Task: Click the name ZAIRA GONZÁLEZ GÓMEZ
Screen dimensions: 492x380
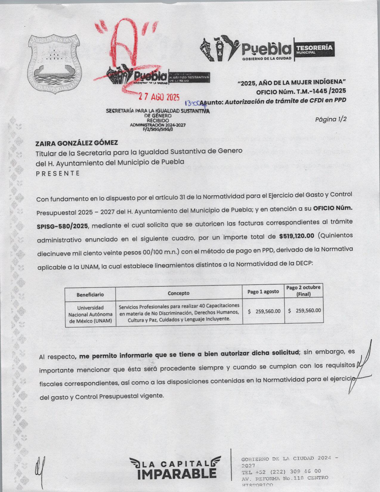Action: [x=77, y=143]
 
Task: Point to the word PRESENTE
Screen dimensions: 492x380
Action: [x=58, y=173]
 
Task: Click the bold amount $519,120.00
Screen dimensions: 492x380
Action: [x=297, y=236]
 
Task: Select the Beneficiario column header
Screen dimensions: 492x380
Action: [x=90, y=294]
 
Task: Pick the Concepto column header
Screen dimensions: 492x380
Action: [x=179, y=293]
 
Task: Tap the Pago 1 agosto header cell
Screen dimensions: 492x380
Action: [x=263, y=292]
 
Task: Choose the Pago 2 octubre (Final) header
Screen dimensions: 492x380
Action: [x=303, y=291]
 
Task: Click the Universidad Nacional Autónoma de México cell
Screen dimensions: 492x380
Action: [x=90, y=314]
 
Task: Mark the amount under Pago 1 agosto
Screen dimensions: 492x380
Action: [x=264, y=311]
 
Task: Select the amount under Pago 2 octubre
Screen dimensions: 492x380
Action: [x=304, y=310]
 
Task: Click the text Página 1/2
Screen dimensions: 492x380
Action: [x=331, y=119]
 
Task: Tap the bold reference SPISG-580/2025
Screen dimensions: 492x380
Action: [x=62, y=226]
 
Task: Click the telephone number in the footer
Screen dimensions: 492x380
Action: [x=281, y=471]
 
